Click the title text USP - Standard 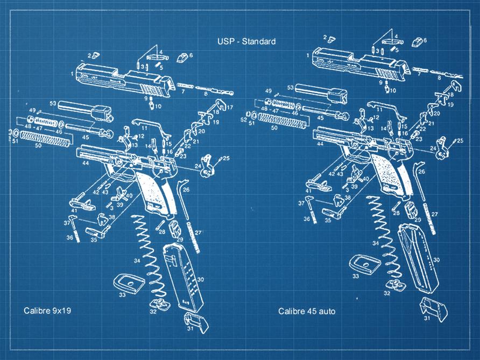pyautogui.click(x=246, y=41)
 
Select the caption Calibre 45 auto pyautogui.click(x=306, y=311)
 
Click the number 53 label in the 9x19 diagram pyautogui.click(x=53, y=103)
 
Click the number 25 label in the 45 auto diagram pyautogui.click(x=460, y=140)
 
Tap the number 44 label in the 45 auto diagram pyautogui.click(x=320, y=144)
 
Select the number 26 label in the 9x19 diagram pyautogui.click(x=186, y=189)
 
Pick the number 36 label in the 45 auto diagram pyautogui.click(x=306, y=219)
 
